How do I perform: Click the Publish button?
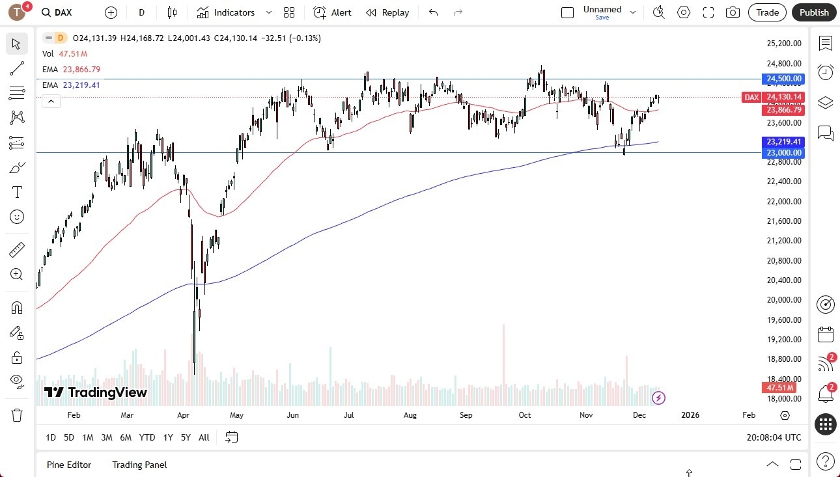(814, 12)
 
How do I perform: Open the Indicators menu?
(227, 12)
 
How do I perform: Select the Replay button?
(387, 12)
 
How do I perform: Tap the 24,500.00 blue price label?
(784, 79)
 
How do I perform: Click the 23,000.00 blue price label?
(784, 153)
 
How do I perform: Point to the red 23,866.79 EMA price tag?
(784, 110)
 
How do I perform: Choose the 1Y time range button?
(168, 437)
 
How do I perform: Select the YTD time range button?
(147, 437)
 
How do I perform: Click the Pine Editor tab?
(69, 465)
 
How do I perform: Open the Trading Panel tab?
(139, 465)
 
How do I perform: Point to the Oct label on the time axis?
(524, 415)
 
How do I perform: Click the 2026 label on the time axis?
(690, 415)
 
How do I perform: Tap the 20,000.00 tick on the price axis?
(783, 300)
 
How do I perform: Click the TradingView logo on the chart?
(96, 392)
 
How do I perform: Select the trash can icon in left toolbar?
(17, 415)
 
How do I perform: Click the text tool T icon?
(17, 192)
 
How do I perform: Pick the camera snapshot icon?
(733, 12)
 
